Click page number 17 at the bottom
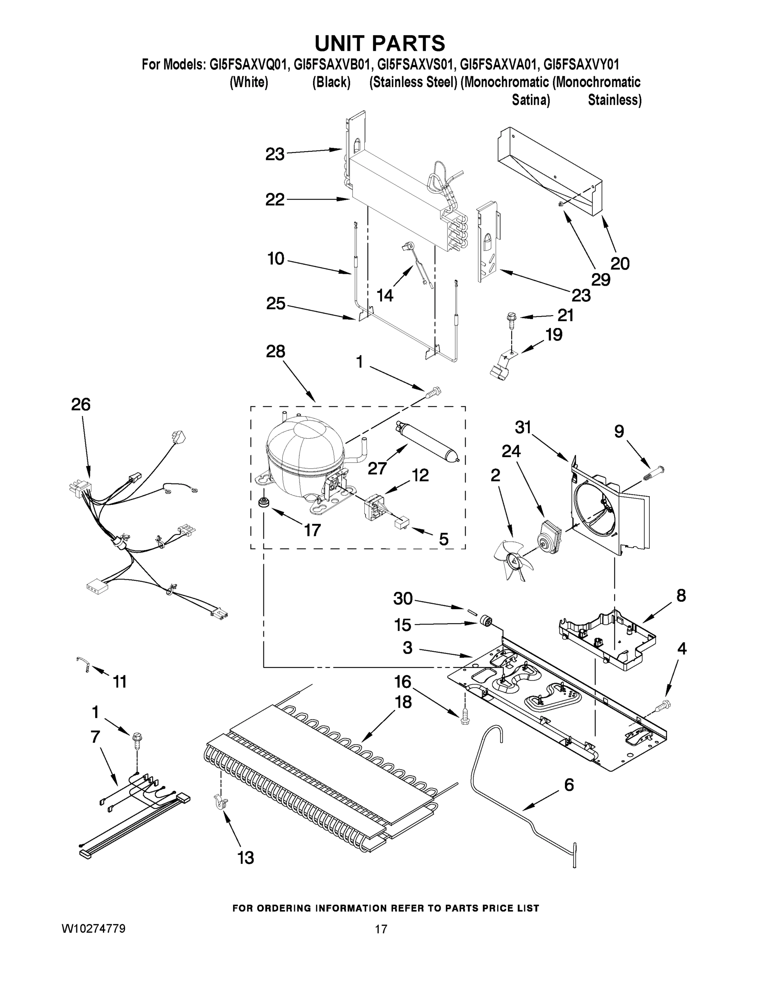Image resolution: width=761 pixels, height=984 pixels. (x=381, y=929)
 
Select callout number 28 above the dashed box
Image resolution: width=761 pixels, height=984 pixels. (x=275, y=351)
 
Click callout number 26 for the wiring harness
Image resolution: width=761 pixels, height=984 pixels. (x=81, y=404)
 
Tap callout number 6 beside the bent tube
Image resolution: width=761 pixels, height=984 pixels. (x=569, y=784)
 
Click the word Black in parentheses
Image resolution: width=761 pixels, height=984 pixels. (x=332, y=82)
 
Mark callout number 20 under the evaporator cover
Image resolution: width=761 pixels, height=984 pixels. (x=620, y=263)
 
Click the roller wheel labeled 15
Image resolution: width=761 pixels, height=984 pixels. (x=484, y=622)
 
